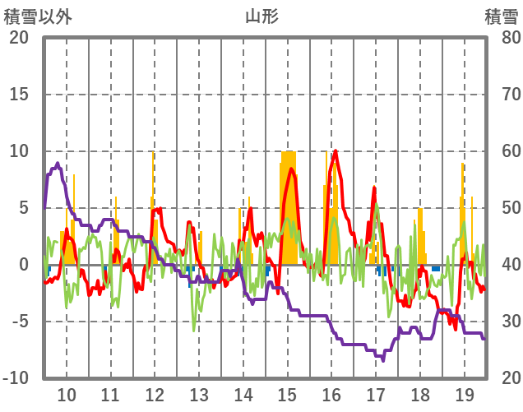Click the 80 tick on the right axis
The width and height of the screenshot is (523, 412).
coord(504,38)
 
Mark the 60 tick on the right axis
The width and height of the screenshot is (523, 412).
coord(504,151)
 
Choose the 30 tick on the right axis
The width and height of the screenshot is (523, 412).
coord(504,322)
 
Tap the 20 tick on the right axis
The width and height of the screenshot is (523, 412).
coord(504,378)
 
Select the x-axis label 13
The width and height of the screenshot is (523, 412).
coord(199,393)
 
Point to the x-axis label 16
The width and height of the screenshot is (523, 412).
coord(331,393)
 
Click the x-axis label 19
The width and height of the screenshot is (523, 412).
coord(464,393)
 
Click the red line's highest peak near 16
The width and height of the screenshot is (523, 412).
coord(336,151)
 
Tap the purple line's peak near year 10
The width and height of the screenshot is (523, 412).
coord(58,164)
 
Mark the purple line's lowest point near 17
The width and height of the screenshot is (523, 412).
coord(382,359)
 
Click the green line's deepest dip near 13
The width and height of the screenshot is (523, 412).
coord(194,330)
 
